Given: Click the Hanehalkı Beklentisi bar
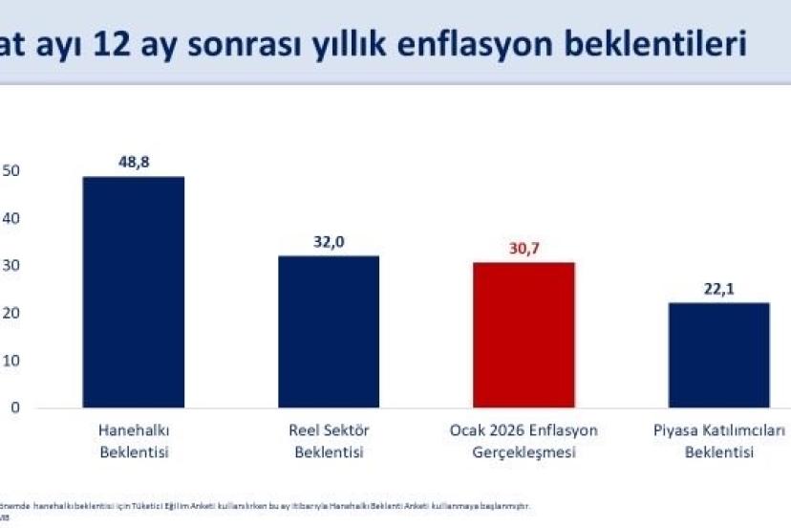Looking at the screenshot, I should click(134, 293).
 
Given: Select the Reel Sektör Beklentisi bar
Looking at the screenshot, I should click(329, 332).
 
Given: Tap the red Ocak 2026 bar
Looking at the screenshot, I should click(524, 335).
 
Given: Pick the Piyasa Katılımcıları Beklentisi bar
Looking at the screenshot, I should click(719, 355).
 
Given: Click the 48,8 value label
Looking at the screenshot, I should click(134, 162).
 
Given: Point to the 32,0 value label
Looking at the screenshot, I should click(329, 241).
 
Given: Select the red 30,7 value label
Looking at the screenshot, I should click(524, 248).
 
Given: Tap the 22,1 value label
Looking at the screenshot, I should click(719, 288).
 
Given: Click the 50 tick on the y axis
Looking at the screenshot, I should click(11, 171).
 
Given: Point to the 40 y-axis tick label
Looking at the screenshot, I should click(11, 219).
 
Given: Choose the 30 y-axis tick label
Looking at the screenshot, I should click(11, 266).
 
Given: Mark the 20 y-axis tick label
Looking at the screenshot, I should click(11, 314).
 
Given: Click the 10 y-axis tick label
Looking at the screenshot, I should click(11, 361).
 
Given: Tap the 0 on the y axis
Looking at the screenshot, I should click(16, 408).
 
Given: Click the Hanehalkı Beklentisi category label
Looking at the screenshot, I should click(134, 441).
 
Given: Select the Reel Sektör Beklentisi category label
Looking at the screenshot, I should click(329, 441).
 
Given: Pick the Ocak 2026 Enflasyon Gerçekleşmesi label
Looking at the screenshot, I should click(524, 441).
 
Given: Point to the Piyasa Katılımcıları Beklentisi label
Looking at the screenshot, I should click(719, 441).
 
